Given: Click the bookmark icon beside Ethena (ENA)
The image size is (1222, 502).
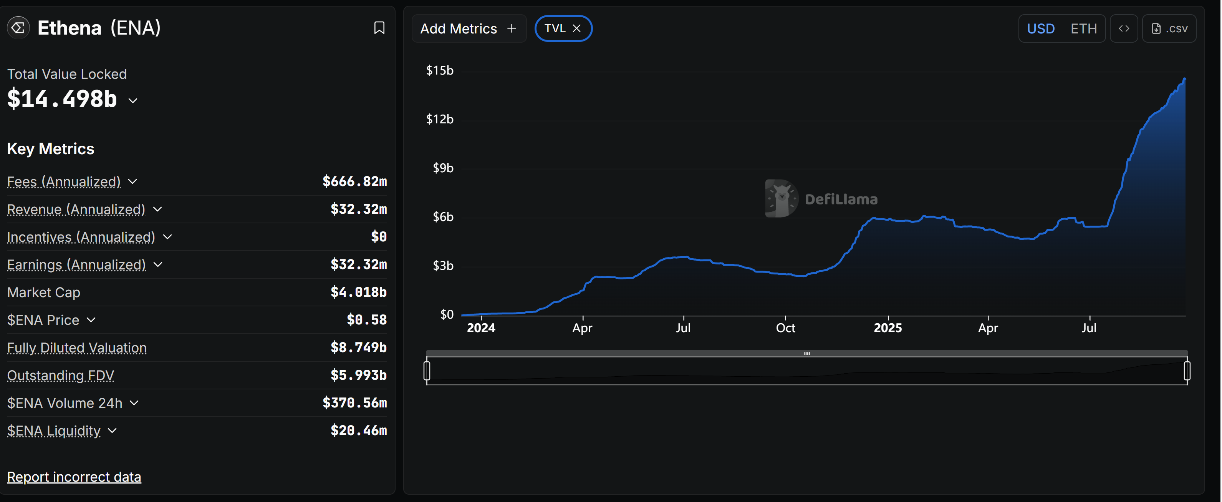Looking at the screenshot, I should [379, 28].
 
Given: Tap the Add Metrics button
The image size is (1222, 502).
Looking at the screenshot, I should [468, 28].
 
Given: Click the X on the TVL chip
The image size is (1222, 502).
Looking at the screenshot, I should [576, 28].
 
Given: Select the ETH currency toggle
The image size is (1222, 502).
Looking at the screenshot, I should [1083, 28].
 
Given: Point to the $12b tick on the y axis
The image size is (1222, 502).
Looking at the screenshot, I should [439, 119].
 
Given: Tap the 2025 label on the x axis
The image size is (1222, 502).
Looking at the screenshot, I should [887, 328].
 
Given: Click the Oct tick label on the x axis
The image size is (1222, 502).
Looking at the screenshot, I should [785, 328].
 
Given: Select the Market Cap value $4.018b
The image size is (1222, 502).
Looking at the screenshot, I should [358, 292].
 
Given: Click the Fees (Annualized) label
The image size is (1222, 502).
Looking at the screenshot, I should [64, 182].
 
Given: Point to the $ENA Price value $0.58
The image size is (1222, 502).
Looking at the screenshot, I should [366, 320].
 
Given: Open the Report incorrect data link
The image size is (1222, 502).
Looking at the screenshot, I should [74, 477].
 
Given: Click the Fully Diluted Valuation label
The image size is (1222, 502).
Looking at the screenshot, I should [77, 347].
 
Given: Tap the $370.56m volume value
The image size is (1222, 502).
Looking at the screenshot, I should [354, 403].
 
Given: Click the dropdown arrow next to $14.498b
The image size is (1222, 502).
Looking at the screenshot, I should [133, 101].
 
